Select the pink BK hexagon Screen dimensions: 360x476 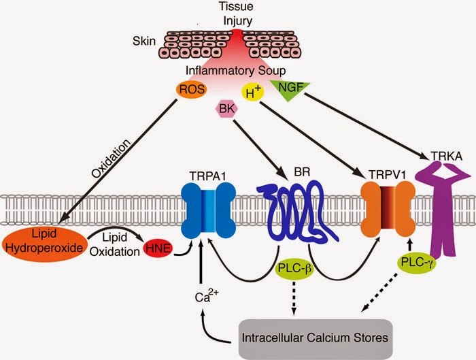coord(226,108)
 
